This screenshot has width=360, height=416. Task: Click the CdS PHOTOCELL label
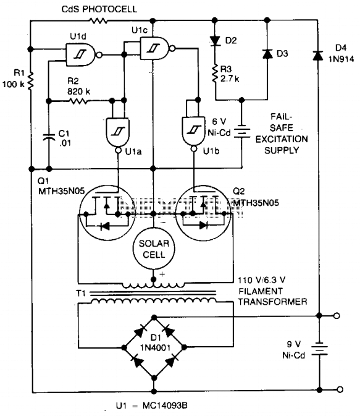click(99, 9)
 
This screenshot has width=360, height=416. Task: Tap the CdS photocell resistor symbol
click(98, 20)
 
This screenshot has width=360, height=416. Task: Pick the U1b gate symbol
click(194, 134)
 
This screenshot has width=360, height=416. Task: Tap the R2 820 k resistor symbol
click(78, 101)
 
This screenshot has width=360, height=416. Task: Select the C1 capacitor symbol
click(49, 137)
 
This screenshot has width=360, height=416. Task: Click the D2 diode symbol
click(215, 41)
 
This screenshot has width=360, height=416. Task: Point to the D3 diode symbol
click(267, 54)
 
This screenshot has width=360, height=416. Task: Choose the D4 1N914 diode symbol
click(318, 55)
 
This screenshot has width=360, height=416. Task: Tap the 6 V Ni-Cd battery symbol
click(241, 131)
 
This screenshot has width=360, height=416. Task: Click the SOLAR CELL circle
click(154, 248)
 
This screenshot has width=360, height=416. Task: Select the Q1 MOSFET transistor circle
click(107, 213)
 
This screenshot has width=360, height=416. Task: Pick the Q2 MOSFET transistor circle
click(204, 213)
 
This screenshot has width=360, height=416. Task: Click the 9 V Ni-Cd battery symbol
click(319, 349)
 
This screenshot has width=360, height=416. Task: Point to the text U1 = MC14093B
click(152, 405)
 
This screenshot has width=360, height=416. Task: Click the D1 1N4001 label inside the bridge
click(155, 342)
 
